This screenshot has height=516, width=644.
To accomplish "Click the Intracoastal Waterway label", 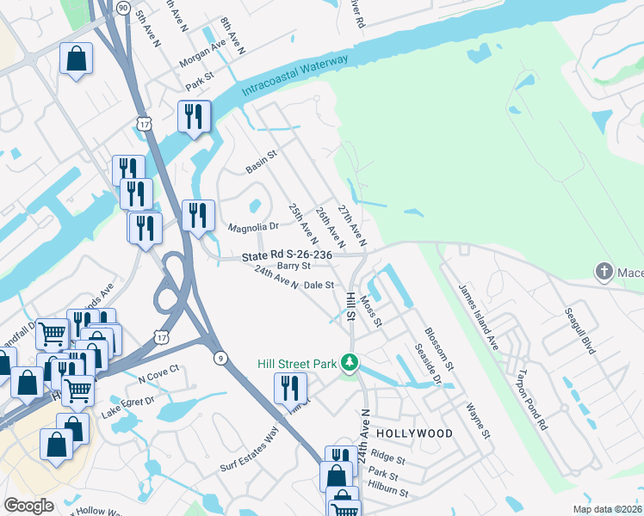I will click(295, 75).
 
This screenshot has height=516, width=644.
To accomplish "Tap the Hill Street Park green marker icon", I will click(350, 363).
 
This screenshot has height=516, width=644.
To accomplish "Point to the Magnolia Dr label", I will click(253, 228).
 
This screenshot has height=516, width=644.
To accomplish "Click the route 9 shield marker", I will click(221, 359).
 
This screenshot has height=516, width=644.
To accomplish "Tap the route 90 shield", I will click(124, 7).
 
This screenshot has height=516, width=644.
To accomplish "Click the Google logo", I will click(28, 506).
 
